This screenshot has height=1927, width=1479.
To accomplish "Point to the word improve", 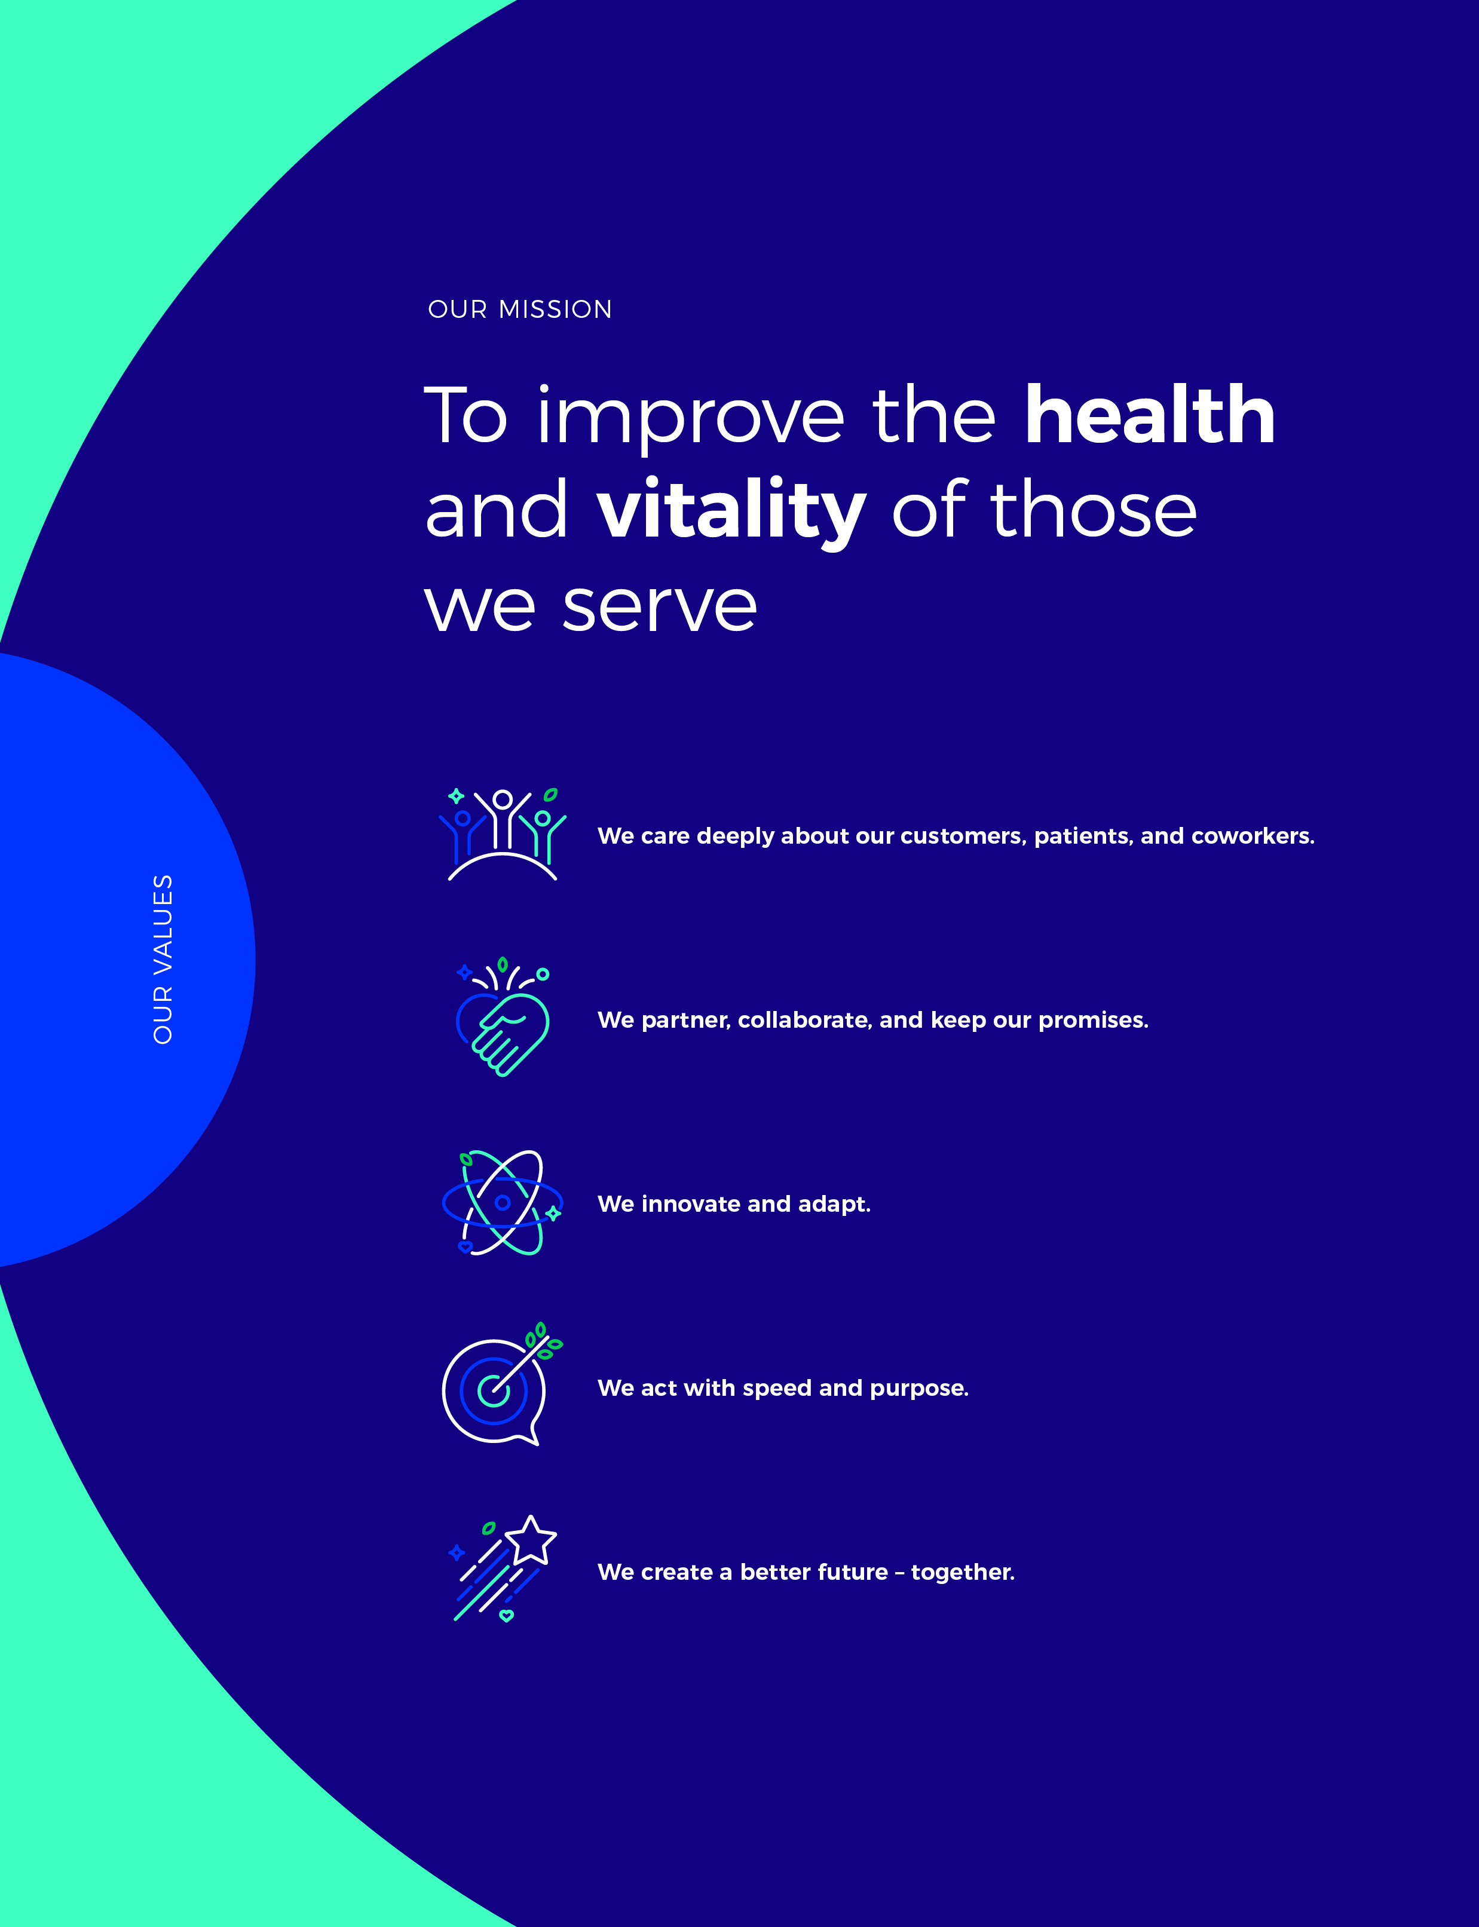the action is (691, 419).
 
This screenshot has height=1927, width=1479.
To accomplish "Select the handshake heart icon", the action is (503, 1017).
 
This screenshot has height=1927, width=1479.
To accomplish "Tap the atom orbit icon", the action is (503, 1202).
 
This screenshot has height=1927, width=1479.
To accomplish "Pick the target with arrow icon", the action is (500, 1384).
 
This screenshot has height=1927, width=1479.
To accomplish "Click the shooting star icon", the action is (503, 1568).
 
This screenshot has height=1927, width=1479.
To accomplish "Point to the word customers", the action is (964, 837).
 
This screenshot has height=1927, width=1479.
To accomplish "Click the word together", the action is (963, 1572).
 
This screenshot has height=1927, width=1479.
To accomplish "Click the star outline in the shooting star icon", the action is (530, 1540).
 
